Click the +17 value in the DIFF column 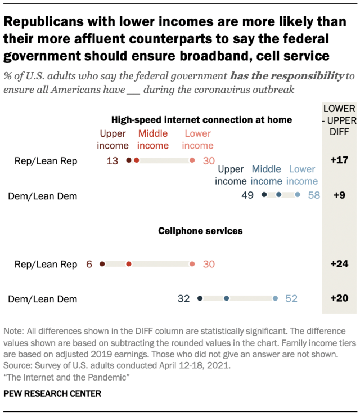pos(340,160)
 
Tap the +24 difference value pos(340,263)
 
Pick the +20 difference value pos(340,298)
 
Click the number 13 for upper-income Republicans pos(112,161)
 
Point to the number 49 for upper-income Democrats pos(247,195)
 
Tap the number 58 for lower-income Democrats pos(314,195)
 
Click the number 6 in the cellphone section pos(89,264)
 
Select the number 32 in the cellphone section pos(183,299)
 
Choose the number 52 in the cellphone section pos(291,299)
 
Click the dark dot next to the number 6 pos(102,264)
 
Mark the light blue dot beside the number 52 pos(275,299)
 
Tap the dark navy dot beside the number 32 pos(200,299)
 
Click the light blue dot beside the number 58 pos(298,195)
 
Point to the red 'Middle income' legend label pos(153,140)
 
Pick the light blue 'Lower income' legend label pos(302,175)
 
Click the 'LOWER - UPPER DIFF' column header pos(340,119)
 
